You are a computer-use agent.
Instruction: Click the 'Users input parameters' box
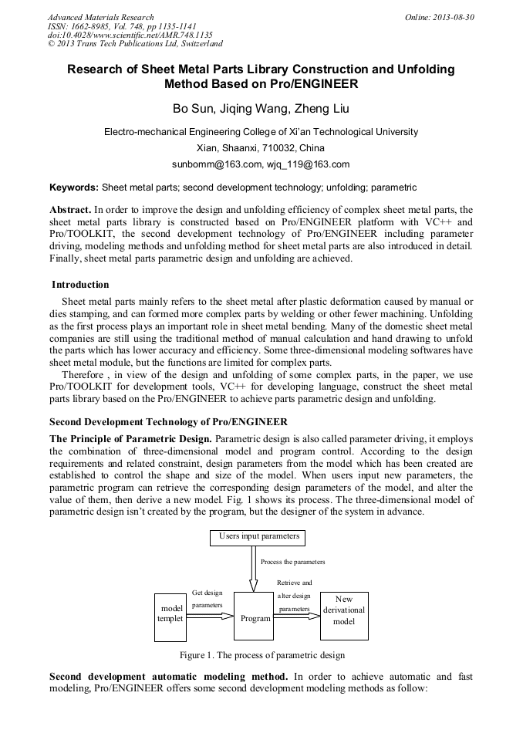click(x=256, y=536)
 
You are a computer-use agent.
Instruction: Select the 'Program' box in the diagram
click(x=255, y=617)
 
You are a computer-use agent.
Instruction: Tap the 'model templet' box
click(x=170, y=617)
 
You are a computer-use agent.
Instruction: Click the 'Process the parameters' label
click(x=293, y=562)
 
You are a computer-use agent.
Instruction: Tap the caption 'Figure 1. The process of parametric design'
click(x=261, y=655)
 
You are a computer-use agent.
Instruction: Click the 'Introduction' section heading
click(x=80, y=285)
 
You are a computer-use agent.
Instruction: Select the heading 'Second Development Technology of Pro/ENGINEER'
click(x=168, y=422)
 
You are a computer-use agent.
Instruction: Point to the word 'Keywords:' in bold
click(x=74, y=188)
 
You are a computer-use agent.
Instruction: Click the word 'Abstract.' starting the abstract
click(x=70, y=210)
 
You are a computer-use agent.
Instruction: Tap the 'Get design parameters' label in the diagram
click(x=207, y=599)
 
